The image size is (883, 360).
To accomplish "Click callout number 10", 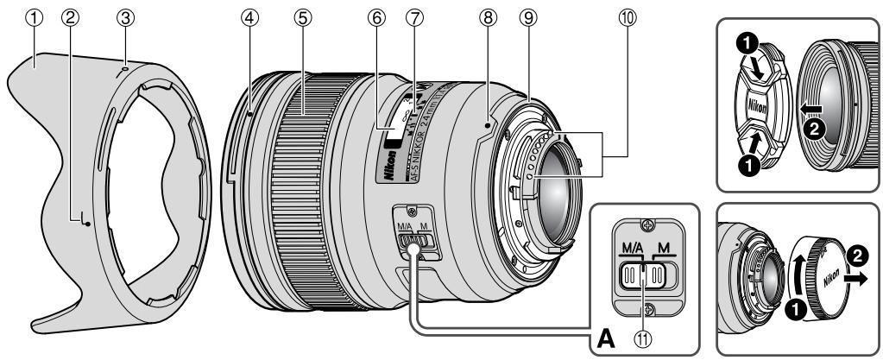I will (598, 15).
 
